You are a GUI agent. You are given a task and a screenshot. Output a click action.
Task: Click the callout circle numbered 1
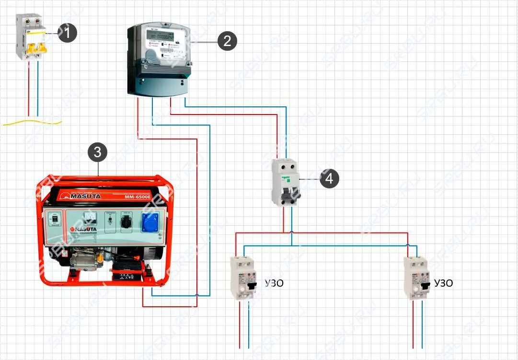point(67,33)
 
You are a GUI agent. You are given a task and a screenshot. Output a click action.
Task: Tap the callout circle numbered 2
point(227,41)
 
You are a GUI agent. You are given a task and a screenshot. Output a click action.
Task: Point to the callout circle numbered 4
point(329,179)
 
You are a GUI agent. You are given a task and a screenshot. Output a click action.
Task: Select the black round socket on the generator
point(127,222)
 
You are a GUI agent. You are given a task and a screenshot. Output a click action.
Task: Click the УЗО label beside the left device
point(274,283)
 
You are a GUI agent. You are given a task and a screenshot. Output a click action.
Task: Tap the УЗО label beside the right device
point(443,283)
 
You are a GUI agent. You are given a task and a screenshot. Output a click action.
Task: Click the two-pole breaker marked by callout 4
point(285,182)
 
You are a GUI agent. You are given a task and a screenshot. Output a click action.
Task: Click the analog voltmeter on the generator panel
point(90,219)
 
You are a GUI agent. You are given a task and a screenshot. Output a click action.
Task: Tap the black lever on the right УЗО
point(424,286)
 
